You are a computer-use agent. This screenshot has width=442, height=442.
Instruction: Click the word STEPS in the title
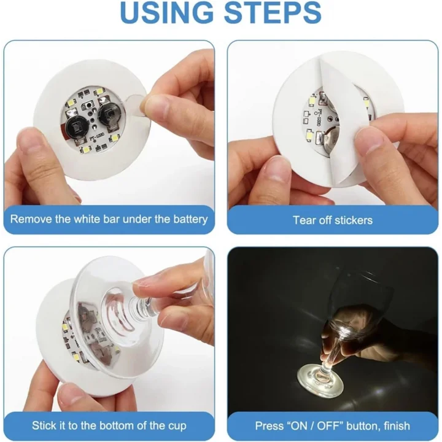pyautogui.click(x=274, y=14)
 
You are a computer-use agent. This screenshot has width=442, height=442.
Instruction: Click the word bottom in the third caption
pyautogui.click(x=125, y=425)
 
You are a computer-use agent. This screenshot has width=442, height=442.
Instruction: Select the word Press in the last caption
pyautogui.click(x=268, y=425)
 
